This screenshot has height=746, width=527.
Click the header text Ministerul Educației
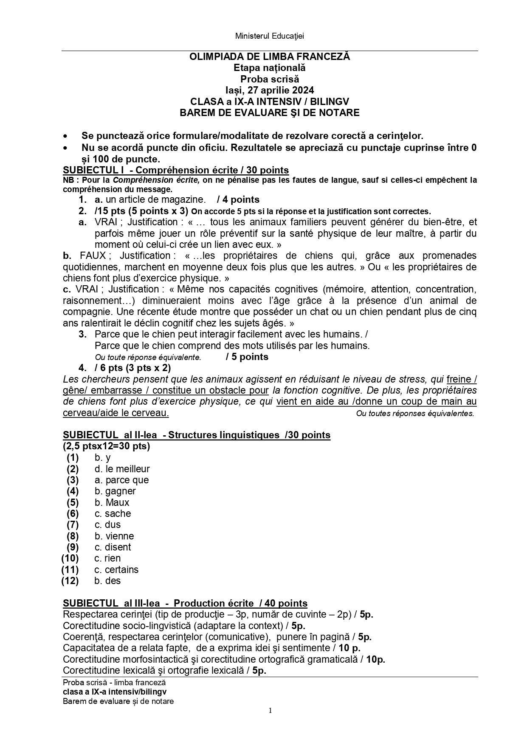click(x=269, y=36)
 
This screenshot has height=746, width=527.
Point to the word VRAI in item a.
click(x=106, y=222)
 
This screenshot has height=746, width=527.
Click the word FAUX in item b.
click(x=96, y=255)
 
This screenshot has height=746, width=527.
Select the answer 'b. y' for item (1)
click(x=102, y=458)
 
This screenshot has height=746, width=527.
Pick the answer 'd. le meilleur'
click(x=122, y=469)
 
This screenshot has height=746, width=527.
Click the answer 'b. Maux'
click(x=112, y=502)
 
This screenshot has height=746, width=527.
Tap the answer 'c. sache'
click(x=113, y=513)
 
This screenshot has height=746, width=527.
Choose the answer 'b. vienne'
click(x=114, y=536)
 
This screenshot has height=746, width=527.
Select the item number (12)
click(x=70, y=581)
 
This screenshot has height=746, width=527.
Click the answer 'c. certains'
click(x=116, y=570)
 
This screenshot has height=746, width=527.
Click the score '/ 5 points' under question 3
click(x=247, y=357)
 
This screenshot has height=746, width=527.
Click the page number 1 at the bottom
click(x=270, y=711)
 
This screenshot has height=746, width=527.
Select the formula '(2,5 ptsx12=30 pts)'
click(x=106, y=446)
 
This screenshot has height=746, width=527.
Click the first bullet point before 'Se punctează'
click(x=65, y=136)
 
